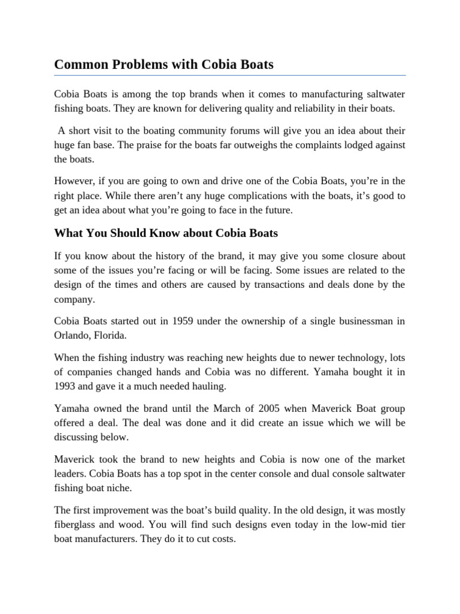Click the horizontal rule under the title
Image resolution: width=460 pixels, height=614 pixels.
pos(230,76)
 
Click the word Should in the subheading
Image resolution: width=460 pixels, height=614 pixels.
pos(128,232)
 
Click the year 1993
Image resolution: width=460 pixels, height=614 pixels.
pos(66,386)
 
